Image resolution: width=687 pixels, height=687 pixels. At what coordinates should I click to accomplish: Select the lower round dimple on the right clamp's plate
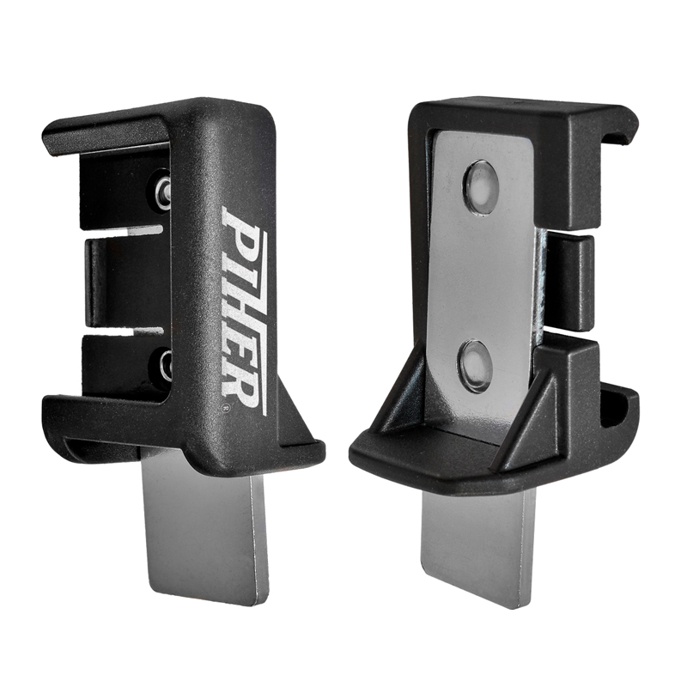click(x=475, y=363)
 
